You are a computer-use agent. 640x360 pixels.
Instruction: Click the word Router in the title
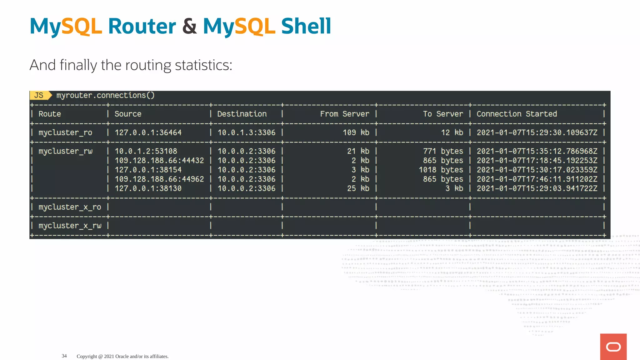[142, 26]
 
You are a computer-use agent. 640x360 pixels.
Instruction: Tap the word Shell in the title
[306, 26]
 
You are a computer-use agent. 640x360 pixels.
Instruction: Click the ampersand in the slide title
[189, 26]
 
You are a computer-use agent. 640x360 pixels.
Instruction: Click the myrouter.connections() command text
[105, 95]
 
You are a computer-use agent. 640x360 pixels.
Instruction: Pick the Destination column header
[242, 114]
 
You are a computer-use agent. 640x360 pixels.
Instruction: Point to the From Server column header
[344, 114]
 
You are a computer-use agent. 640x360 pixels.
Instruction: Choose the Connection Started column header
[517, 114]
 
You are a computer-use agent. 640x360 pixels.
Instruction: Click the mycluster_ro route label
[65, 132]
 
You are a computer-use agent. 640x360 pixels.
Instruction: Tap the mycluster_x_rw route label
[70, 226]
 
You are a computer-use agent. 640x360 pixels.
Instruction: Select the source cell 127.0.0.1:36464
[148, 132]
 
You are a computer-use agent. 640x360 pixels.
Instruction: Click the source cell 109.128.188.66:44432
[159, 161]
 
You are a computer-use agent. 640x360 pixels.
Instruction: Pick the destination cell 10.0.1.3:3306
[246, 132]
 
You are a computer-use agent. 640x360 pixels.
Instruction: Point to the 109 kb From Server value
[356, 132]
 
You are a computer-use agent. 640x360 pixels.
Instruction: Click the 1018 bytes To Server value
[441, 170]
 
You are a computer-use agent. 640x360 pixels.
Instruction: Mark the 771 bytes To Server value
[443, 151]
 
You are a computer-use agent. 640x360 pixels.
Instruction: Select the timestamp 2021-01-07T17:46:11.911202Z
[537, 179]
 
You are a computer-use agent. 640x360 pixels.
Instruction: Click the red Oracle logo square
[613, 347]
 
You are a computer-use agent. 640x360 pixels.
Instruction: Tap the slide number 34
[64, 356]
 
